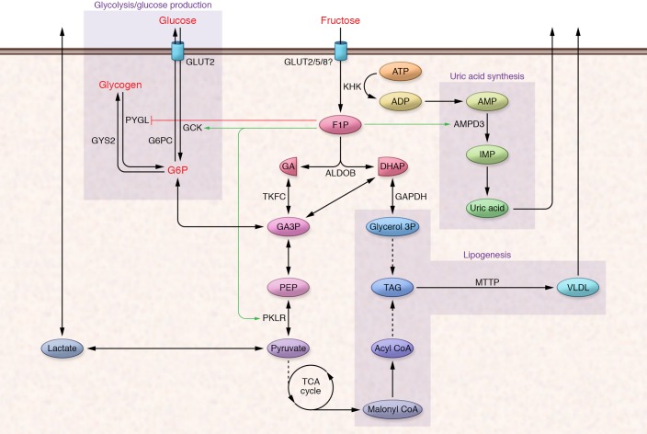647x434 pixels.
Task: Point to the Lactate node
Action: (x=62, y=348)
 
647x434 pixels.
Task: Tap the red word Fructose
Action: (x=341, y=19)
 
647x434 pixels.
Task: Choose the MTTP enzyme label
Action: (x=488, y=279)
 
